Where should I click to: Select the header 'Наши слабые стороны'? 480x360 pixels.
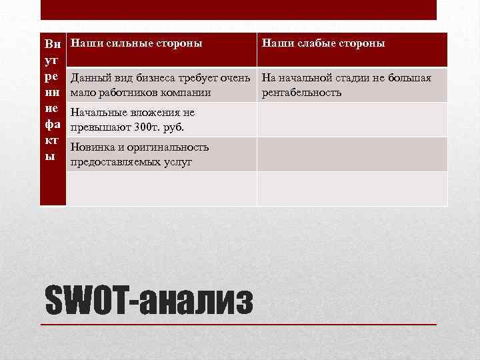coord(323,43)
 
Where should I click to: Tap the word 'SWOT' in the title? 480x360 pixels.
coord(85,301)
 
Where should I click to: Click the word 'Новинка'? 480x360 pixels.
coord(93,147)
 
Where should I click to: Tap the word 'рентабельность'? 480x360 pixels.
coord(302,92)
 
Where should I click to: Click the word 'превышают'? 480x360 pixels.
coord(100,127)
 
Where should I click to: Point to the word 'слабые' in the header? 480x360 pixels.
coord(313,43)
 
